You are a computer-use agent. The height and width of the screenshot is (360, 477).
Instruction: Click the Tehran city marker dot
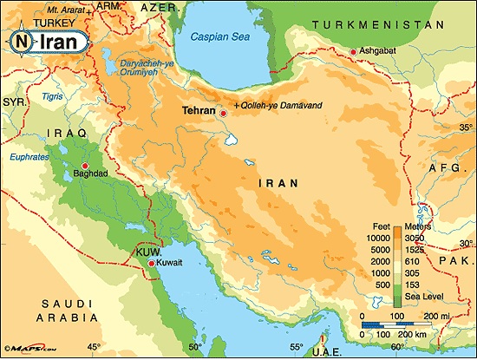223,113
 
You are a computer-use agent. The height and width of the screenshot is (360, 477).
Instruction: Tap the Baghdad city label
84,173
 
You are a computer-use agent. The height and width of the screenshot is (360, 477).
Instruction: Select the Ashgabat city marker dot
352,53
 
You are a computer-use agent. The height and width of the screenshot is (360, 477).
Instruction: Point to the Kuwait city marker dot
152,263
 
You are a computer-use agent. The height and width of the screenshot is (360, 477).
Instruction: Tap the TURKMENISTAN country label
396,25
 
